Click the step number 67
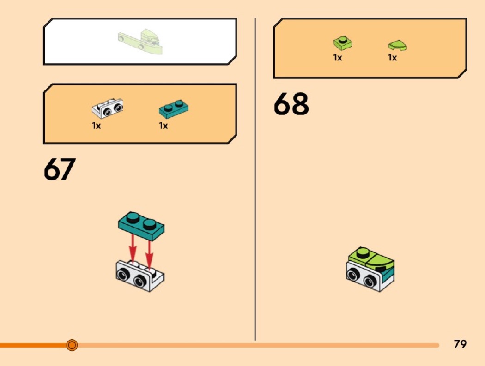click(59, 170)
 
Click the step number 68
click(291, 104)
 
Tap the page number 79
click(460, 344)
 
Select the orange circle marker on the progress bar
click(72, 345)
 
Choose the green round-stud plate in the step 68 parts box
click(343, 43)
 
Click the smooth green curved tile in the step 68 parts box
click(397, 45)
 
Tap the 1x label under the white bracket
click(96, 126)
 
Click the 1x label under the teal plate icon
click(163, 126)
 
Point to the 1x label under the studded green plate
click(338, 58)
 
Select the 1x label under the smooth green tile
click(392, 58)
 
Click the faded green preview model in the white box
click(140, 41)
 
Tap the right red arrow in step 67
click(149, 252)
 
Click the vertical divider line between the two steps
click(255, 185)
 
